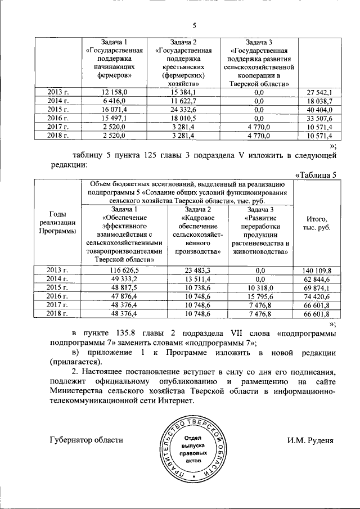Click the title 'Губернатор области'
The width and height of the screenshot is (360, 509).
[85, 440]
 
